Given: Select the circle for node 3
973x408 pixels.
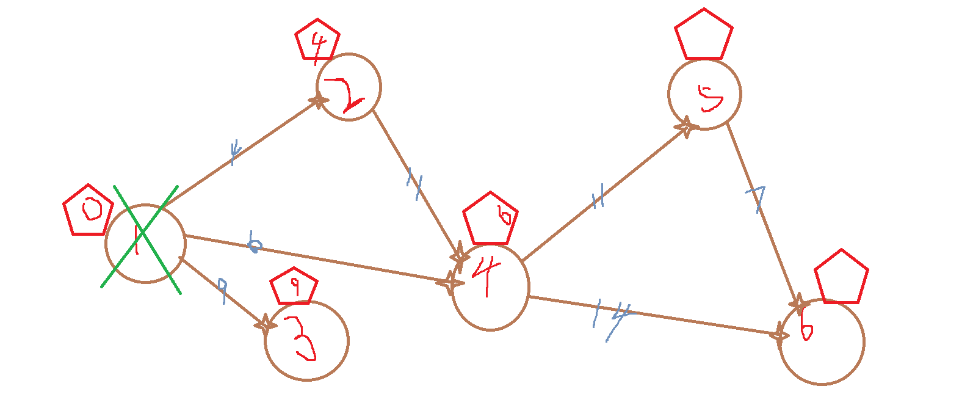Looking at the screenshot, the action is [x=306, y=340].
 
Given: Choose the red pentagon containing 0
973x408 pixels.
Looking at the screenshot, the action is [x=89, y=211].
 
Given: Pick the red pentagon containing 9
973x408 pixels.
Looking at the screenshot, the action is [x=294, y=287].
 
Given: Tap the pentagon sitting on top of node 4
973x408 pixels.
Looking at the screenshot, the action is [x=490, y=219].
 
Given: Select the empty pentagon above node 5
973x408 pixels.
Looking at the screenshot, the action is [x=704, y=35].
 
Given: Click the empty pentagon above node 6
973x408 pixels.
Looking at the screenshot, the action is [x=841, y=277].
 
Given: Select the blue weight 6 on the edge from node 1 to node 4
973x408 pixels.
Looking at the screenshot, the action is [x=254, y=243].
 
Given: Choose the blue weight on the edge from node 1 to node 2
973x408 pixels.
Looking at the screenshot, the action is [x=234, y=151].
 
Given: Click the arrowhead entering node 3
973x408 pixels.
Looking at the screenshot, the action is [x=266, y=324].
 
